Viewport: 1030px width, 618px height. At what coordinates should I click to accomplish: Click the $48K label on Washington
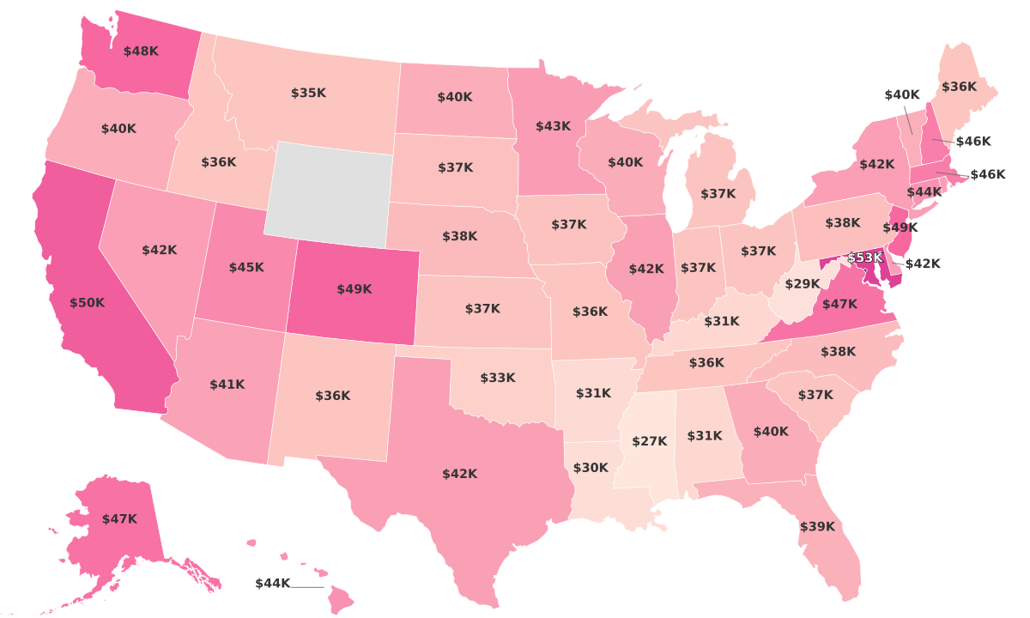(141, 51)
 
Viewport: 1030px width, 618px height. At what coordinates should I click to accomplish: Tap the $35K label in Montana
(308, 93)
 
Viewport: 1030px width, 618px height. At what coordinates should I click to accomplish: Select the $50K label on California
(88, 303)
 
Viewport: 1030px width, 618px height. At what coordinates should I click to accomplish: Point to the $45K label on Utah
(246, 268)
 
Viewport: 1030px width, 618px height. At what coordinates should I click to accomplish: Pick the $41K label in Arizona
(227, 385)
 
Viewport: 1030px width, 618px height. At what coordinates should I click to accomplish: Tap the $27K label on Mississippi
(650, 441)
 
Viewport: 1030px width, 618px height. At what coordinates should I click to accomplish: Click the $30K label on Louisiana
(591, 468)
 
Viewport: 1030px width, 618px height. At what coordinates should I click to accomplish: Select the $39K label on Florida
(817, 527)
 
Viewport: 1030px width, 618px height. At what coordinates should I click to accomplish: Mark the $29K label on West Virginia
(803, 284)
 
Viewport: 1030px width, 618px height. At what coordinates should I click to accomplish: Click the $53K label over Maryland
(865, 258)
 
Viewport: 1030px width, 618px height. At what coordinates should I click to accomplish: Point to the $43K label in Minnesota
(553, 126)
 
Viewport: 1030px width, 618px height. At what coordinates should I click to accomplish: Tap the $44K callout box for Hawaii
(273, 584)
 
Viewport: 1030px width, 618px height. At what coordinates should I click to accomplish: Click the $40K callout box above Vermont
(902, 94)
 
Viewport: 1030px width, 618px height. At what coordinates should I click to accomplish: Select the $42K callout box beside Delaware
(923, 264)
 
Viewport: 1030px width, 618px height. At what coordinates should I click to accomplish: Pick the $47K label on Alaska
(119, 519)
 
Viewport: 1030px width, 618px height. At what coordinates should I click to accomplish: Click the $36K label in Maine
(959, 87)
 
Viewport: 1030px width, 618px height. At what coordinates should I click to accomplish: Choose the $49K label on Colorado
(354, 289)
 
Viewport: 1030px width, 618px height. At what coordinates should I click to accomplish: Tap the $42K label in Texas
(460, 474)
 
